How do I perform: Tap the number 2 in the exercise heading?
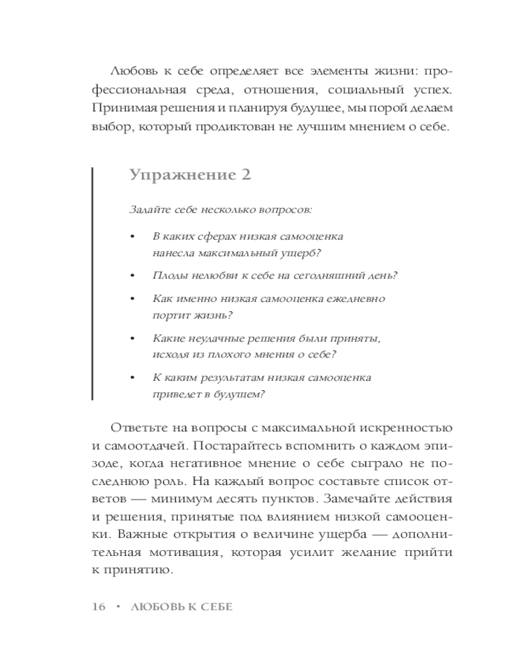point(245,175)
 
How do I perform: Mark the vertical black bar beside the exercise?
point(92,284)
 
